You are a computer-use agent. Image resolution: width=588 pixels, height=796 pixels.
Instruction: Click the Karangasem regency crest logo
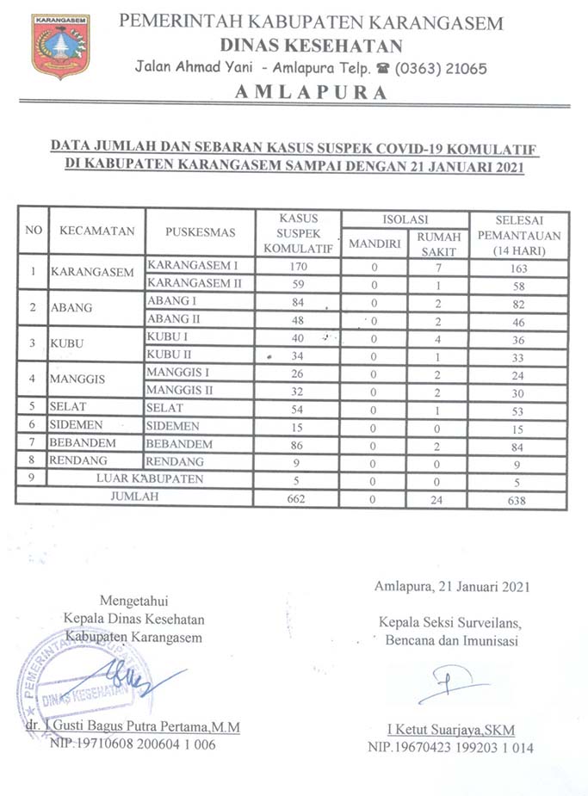point(60,46)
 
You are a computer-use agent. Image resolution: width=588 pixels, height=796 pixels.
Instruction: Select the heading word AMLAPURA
point(311,93)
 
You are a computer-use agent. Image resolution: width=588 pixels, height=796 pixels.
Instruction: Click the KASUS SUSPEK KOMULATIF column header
point(298,232)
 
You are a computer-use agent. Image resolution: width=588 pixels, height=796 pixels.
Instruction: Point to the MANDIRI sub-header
point(374,244)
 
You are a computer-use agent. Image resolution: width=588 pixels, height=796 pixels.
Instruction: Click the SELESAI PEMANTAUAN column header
point(518,232)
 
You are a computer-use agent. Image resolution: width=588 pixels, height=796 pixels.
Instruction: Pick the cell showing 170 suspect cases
point(298,266)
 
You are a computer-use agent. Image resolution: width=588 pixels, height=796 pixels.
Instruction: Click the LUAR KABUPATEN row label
point(150,478)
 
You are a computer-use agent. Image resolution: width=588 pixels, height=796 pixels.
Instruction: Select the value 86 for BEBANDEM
point(298,444)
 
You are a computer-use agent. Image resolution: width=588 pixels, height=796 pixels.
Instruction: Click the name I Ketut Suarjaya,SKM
point(450,730)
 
